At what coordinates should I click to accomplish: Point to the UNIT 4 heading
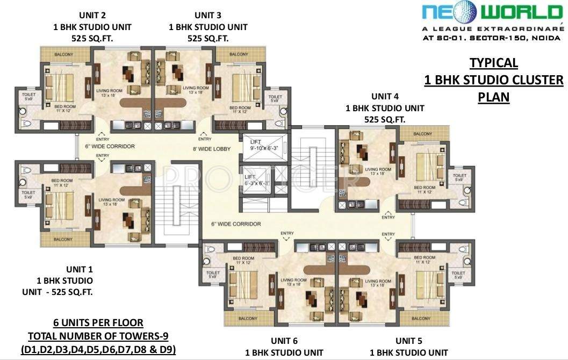pyautogui.click(x=385, y=97)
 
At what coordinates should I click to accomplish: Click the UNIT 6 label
pyautogui.click(x=284, y=341)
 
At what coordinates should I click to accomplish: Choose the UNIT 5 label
pyautogui.click(x=408, y=341)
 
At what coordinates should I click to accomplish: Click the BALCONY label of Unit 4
pyautogui.click(x=422, y=134)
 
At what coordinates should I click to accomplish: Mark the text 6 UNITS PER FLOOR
pyautogui.click(x=98, y=323)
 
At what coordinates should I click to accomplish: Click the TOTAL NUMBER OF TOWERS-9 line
pyautogui.click(x=98, y=337)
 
